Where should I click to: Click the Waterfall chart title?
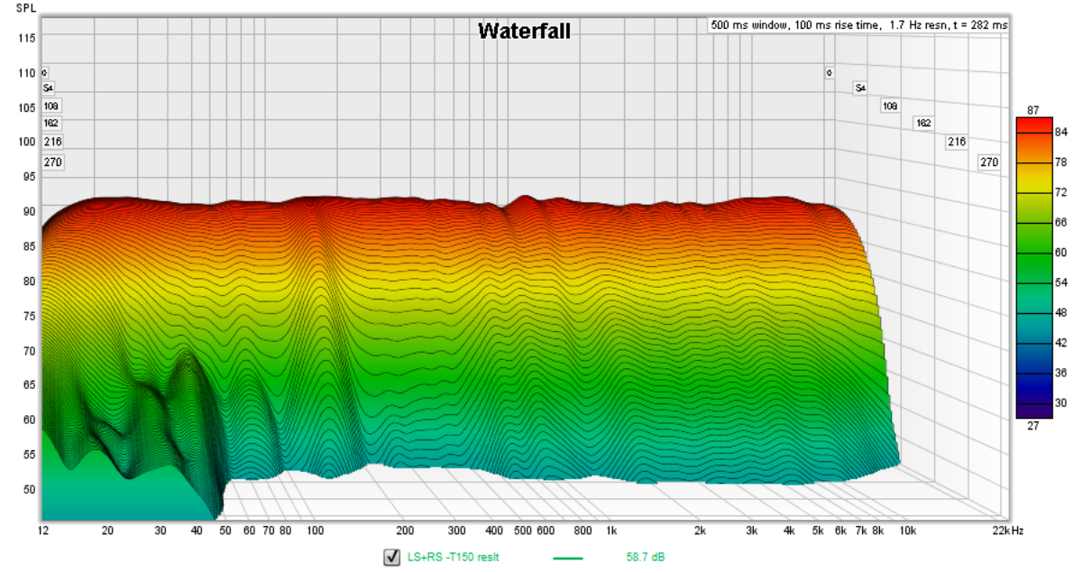(x=524, y=32)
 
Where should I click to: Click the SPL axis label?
(x=26, y=8)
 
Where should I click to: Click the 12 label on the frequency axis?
(x=43, y=531)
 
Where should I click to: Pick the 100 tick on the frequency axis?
(x=315, y=531)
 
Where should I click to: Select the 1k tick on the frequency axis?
(x=611, y=531)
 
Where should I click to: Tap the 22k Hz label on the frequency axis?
(x=1004, y=531)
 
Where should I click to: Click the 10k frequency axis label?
(x=908, y=531)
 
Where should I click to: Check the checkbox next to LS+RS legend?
(x=391, y=558)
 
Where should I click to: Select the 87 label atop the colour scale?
(x=1033, y=110)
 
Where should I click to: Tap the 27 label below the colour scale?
(x=1033, y=426)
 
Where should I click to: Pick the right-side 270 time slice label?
(x=989, y=162)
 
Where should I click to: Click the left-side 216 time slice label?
(x=52, y=142)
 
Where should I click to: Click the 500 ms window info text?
(x=859, y=25)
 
